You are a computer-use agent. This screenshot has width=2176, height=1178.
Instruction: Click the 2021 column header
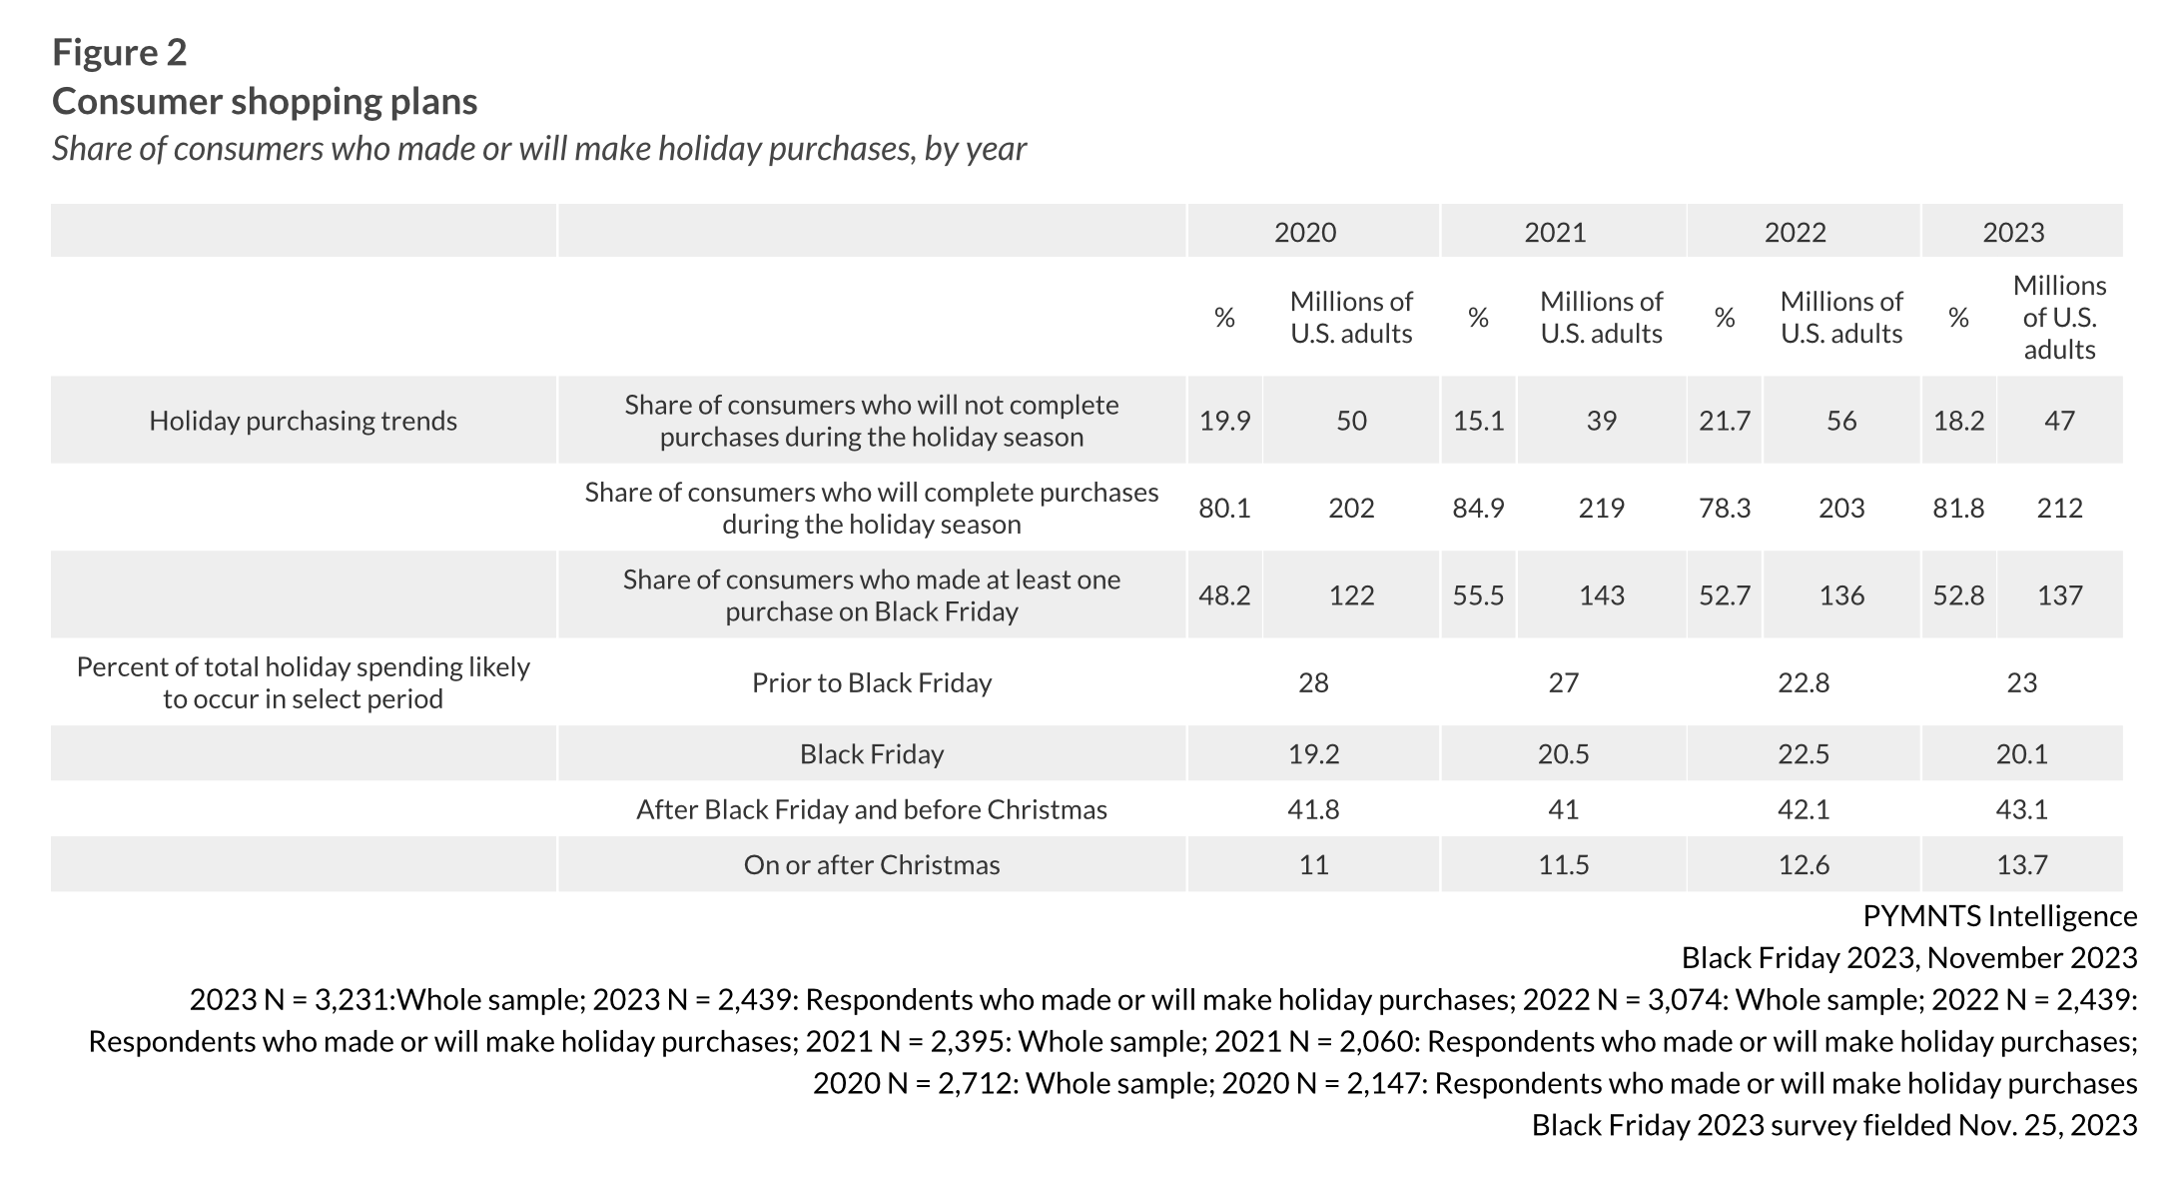click(1554, 232)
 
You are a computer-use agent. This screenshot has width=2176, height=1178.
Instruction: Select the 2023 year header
click(2012, 232)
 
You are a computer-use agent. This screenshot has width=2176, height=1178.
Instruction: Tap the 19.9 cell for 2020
click(1224, 421)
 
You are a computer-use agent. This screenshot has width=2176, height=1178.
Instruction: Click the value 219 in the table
click(1601, 508)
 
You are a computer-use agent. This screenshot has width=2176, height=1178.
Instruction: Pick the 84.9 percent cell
click(1478, 508)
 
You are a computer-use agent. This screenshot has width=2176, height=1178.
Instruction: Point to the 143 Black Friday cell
click(1601, 595)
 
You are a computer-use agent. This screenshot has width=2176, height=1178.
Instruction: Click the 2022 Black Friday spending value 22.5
click(1803, 753)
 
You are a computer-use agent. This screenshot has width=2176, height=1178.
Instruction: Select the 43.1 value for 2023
click(2021, 809)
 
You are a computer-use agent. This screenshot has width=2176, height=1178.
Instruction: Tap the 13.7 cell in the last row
click(2021, 864)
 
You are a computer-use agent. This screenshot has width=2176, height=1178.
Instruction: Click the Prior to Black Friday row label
click(871, 682)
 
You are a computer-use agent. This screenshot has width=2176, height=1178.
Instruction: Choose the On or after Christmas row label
click(871, 864)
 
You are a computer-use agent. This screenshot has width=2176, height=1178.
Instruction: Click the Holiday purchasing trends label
click(303, 421)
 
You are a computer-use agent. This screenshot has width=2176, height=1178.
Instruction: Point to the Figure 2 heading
click(120, 52)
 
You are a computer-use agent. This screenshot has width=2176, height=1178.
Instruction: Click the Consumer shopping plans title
click(265, 101)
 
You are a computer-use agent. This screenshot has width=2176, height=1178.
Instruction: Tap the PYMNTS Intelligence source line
click(1999, 916)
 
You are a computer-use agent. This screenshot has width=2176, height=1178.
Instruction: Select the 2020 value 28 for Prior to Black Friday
click(1313, 682)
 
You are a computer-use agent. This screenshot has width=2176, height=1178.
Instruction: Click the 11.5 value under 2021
click(1563, 864)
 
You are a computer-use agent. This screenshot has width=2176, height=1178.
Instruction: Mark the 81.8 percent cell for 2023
click(1957, 508)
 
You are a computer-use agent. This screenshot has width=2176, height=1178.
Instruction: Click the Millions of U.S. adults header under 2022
click(1840, 317)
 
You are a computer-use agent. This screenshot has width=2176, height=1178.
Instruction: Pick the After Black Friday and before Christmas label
click(871, 809)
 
